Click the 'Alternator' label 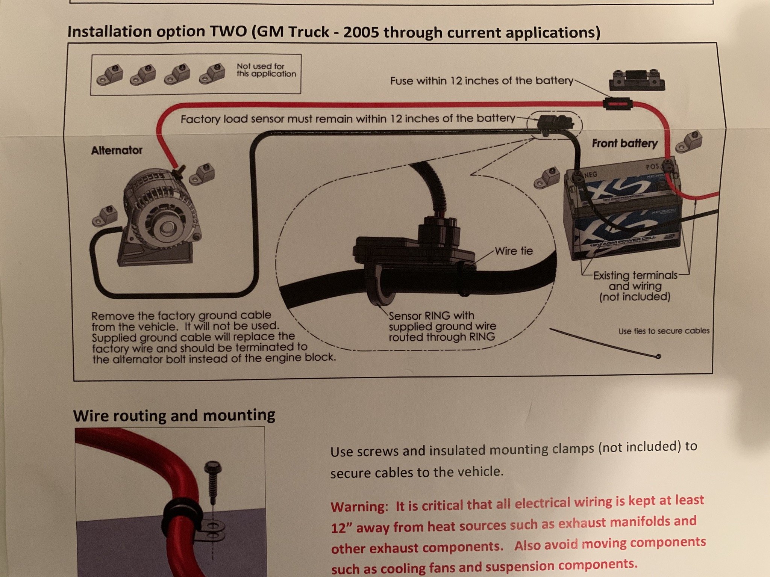point(117,150)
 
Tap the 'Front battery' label point(624,143)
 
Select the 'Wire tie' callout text point(514,251)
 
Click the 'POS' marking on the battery point(652,166)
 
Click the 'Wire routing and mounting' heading point(174,415)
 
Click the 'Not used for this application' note point(266,70)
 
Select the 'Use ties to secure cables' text point(664,331)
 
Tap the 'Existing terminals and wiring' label point(635,286)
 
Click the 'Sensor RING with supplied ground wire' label point(442,326)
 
